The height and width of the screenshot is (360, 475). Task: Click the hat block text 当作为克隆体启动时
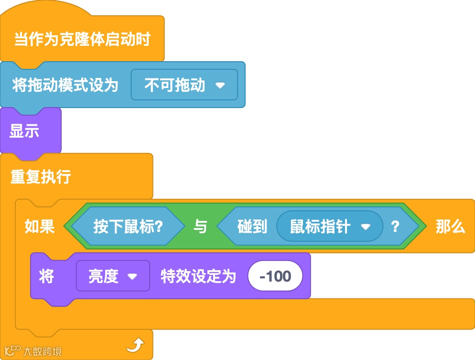tap(82, 39)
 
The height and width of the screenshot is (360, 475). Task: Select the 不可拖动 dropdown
tap(175, 85)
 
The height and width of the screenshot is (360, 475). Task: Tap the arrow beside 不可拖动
tap(220, 86)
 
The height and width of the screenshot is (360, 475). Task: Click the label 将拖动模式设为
tap(65, 85)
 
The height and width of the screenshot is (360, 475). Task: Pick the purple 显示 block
tap(24, 131)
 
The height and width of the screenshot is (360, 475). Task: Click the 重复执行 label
tap(41, 177)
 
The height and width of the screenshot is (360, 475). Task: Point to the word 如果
tap(40, 227)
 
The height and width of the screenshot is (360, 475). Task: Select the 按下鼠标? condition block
tap(128, 227)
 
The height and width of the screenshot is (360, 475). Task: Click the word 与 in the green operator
tap(200, 227)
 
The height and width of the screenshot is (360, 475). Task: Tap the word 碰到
tap(252, 227)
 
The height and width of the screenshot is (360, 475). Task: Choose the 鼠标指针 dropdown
tap(320, 227)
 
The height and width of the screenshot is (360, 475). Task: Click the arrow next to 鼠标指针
tap(366, 227)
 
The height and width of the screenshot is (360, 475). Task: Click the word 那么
tap(450, 227)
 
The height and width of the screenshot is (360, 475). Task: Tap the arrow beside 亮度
tap(132, 276)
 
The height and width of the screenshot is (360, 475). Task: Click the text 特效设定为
tap(198, 276)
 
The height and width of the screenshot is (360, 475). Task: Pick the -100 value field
tap(275, 276)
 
